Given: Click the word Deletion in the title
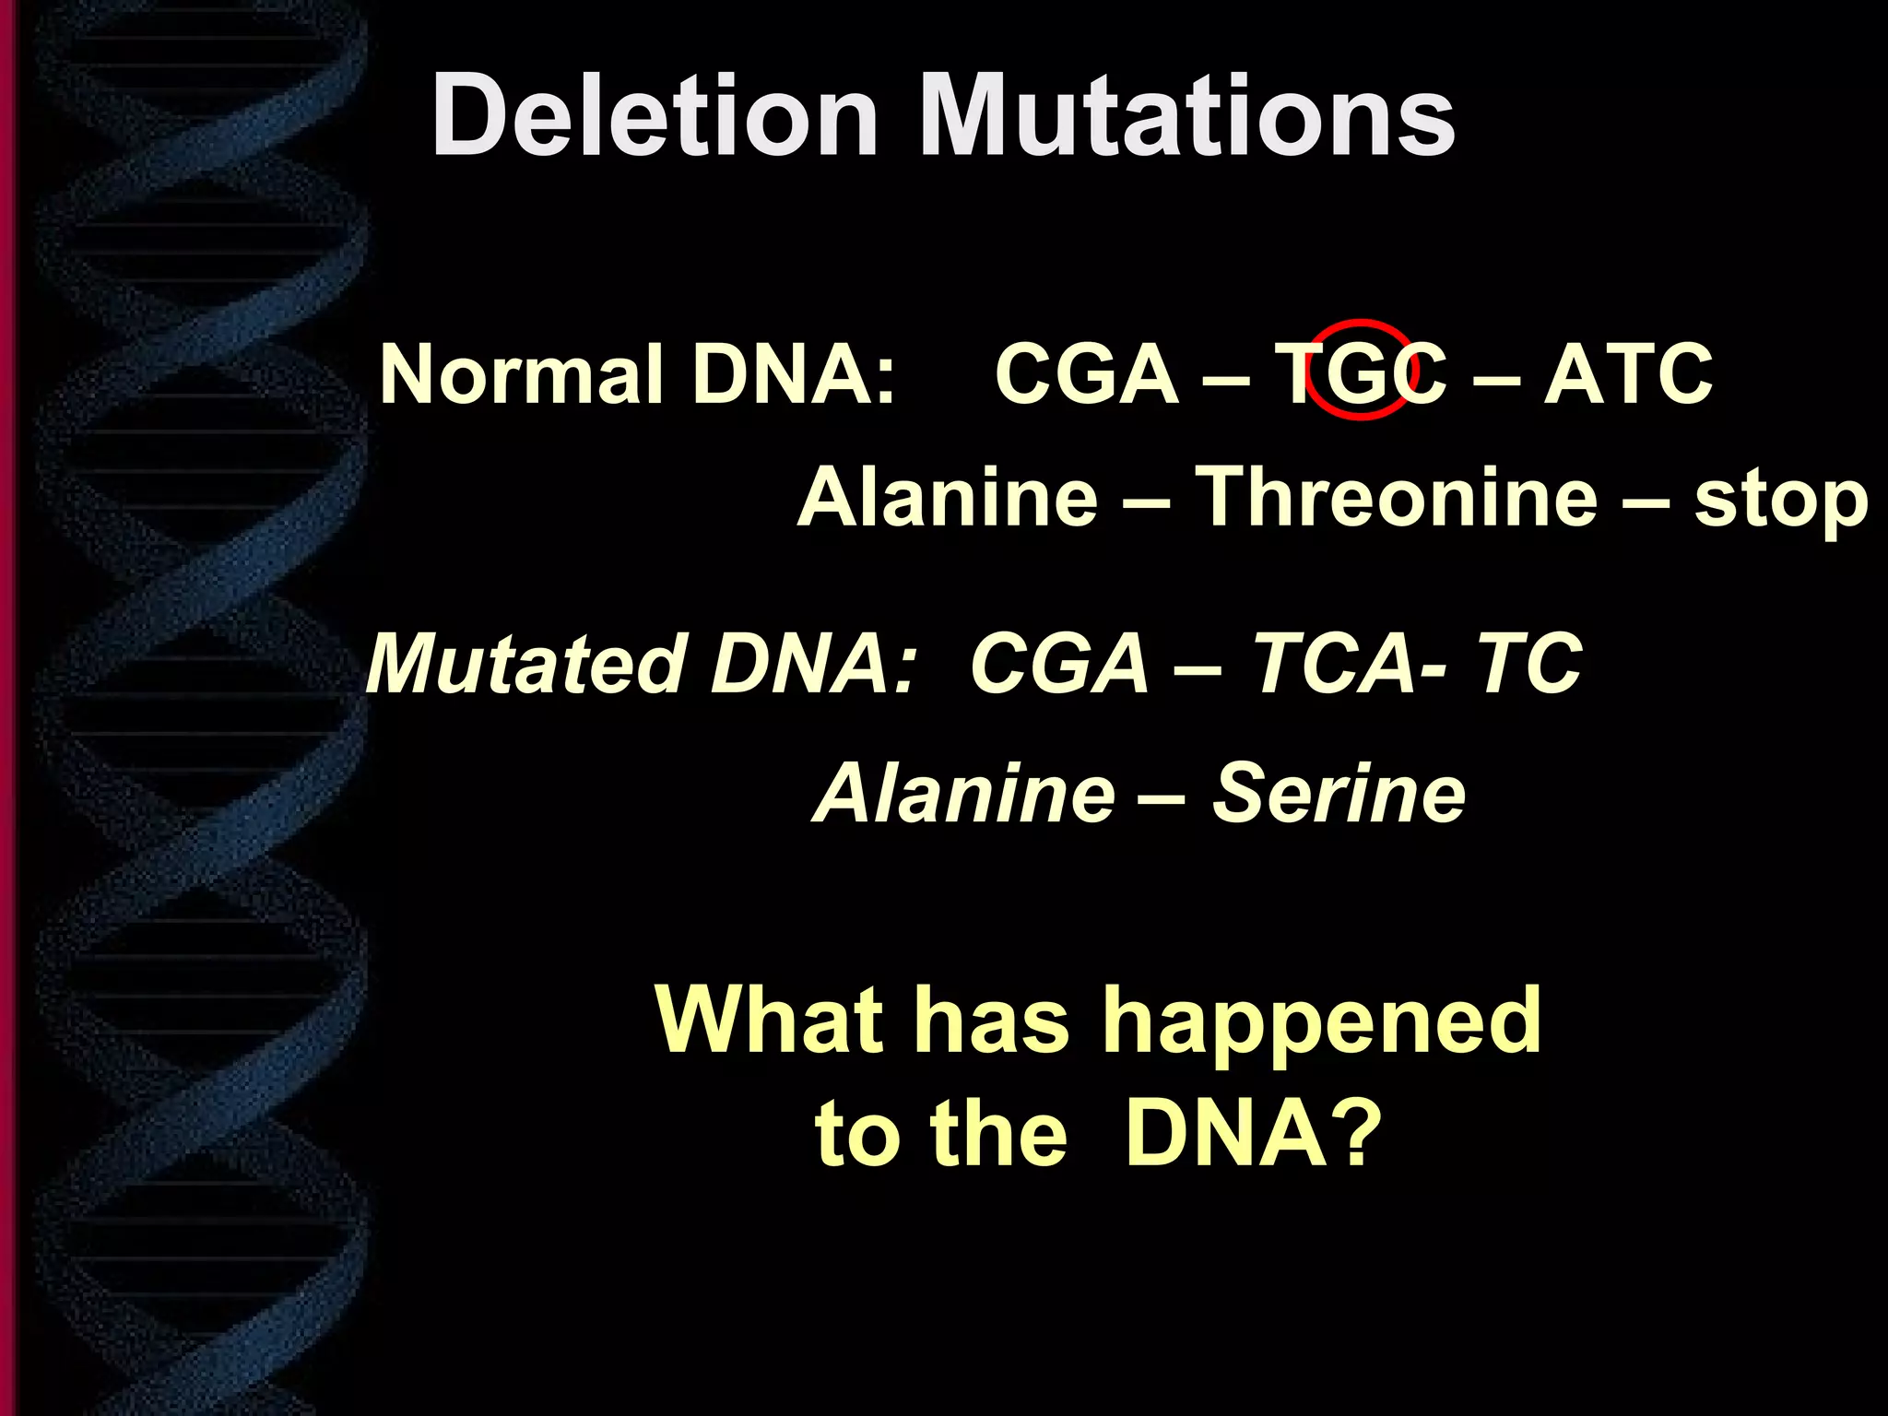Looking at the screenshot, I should click(655, 117).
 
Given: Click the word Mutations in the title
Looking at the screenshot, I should click(1187, 117).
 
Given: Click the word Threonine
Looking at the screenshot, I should click(1396, 498).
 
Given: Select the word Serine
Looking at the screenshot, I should click(1339, 794).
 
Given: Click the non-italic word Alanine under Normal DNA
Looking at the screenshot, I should click(948, 498).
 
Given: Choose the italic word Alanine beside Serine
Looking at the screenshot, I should click(964, 794).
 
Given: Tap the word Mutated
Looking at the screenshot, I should click(525, 664).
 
